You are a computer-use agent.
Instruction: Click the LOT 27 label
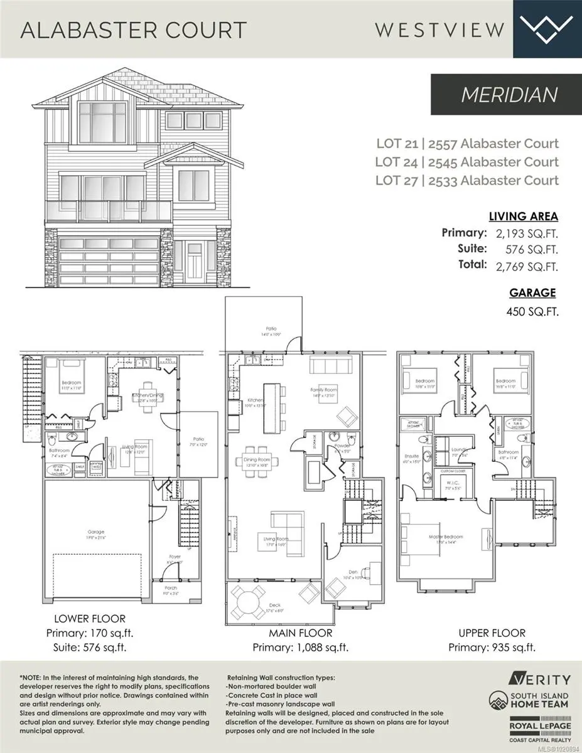coord(397,181)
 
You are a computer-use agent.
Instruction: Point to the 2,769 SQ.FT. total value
coord(526,267)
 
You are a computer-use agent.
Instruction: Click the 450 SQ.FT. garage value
coord(531,311)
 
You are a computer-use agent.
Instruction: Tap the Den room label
coord(354,572)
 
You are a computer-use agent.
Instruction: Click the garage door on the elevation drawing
coord(108,261)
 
